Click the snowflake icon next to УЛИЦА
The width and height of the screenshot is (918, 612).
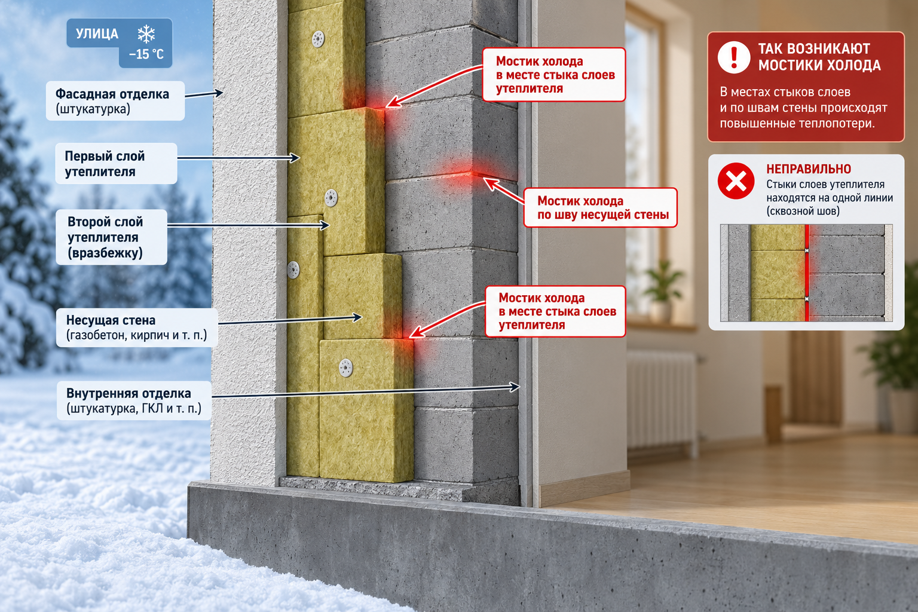pos(146,34)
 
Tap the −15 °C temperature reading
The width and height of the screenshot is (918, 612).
pos(146,54)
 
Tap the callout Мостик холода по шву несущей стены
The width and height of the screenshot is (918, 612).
pos(601,207)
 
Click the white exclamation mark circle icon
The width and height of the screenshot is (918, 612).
pos(734,57)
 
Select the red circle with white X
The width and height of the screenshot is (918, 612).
pos(736,180)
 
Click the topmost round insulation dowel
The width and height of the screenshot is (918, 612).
pos(318,39)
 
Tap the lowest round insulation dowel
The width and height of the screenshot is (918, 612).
pos(346,368)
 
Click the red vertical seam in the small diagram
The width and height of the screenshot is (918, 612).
pos(807,273)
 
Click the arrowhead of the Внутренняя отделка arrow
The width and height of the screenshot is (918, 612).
pos(515,387)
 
